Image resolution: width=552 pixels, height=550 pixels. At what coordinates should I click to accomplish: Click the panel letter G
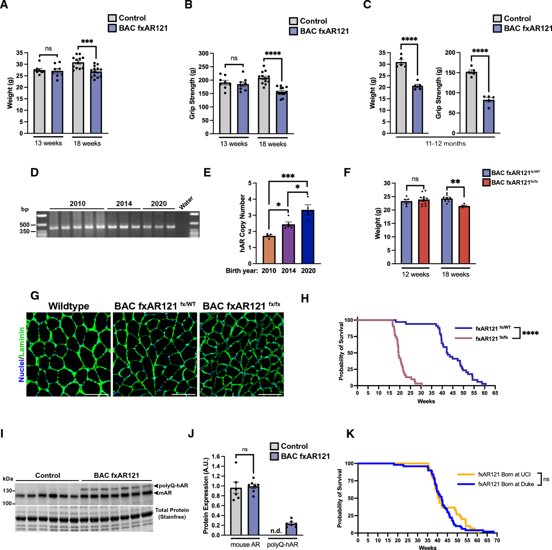(x=34, y=296)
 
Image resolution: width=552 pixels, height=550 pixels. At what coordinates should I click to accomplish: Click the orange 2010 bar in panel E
(x=269, y=250)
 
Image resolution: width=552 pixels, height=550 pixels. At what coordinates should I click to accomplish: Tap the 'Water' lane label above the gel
(x=186, y=203)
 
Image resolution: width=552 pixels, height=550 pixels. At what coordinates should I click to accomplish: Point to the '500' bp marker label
(x=24, y=225)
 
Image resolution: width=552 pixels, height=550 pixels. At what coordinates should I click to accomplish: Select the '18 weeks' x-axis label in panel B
(x=272, y=144)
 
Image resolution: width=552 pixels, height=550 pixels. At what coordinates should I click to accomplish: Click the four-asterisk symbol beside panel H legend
(x=530, y=333)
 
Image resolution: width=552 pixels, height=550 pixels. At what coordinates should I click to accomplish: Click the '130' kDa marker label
(x=8, y=491)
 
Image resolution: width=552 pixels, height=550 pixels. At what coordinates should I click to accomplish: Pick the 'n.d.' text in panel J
(x=276, y=531)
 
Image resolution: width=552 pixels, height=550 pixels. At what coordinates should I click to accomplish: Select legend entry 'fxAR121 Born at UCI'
(x=504, y=474)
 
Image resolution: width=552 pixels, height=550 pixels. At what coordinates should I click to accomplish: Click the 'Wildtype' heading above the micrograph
(x=69, y=306)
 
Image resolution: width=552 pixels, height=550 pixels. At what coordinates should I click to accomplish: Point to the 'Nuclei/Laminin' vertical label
(x=21, y=355)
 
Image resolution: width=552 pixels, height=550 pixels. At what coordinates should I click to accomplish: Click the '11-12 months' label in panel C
(x=445, y=143)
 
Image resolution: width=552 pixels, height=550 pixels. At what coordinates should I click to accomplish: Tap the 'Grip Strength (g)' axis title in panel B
(x=192, y=94)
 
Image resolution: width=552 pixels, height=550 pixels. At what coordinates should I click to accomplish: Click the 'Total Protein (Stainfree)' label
(x=172, y=513)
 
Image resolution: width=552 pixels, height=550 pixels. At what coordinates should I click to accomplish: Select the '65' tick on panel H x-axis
(x=495, y=393)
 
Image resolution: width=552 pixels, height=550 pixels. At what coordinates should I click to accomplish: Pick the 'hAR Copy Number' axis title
(x=242, y=223)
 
